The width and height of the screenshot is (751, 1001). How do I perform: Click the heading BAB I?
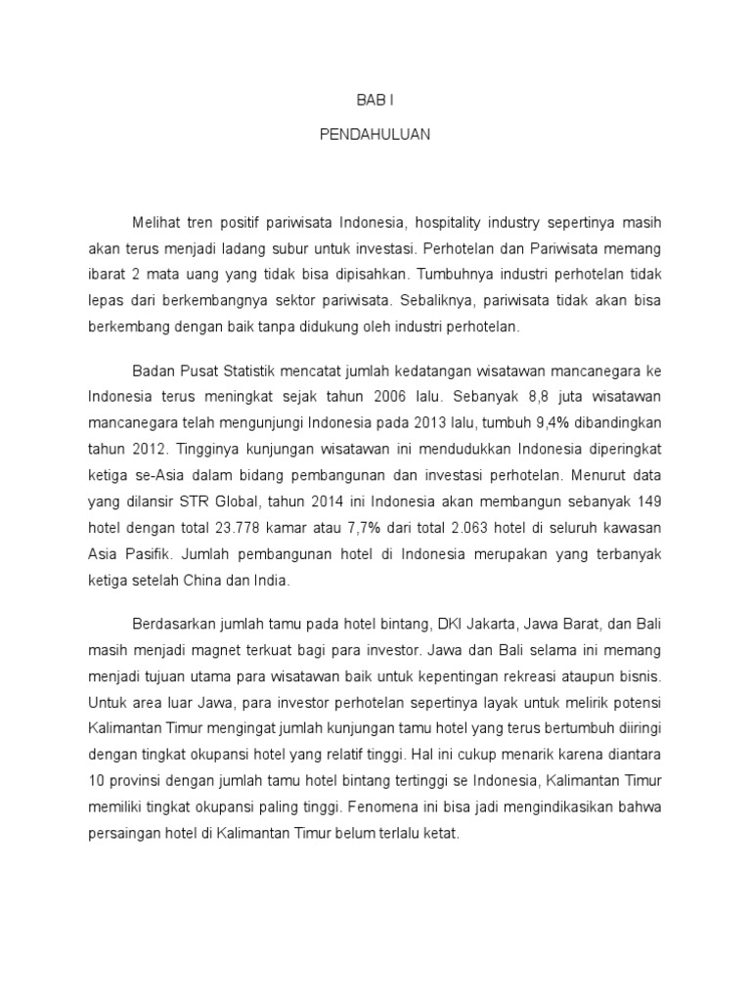tap(375, 101)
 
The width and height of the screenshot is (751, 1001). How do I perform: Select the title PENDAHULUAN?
tap(375, 136)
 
